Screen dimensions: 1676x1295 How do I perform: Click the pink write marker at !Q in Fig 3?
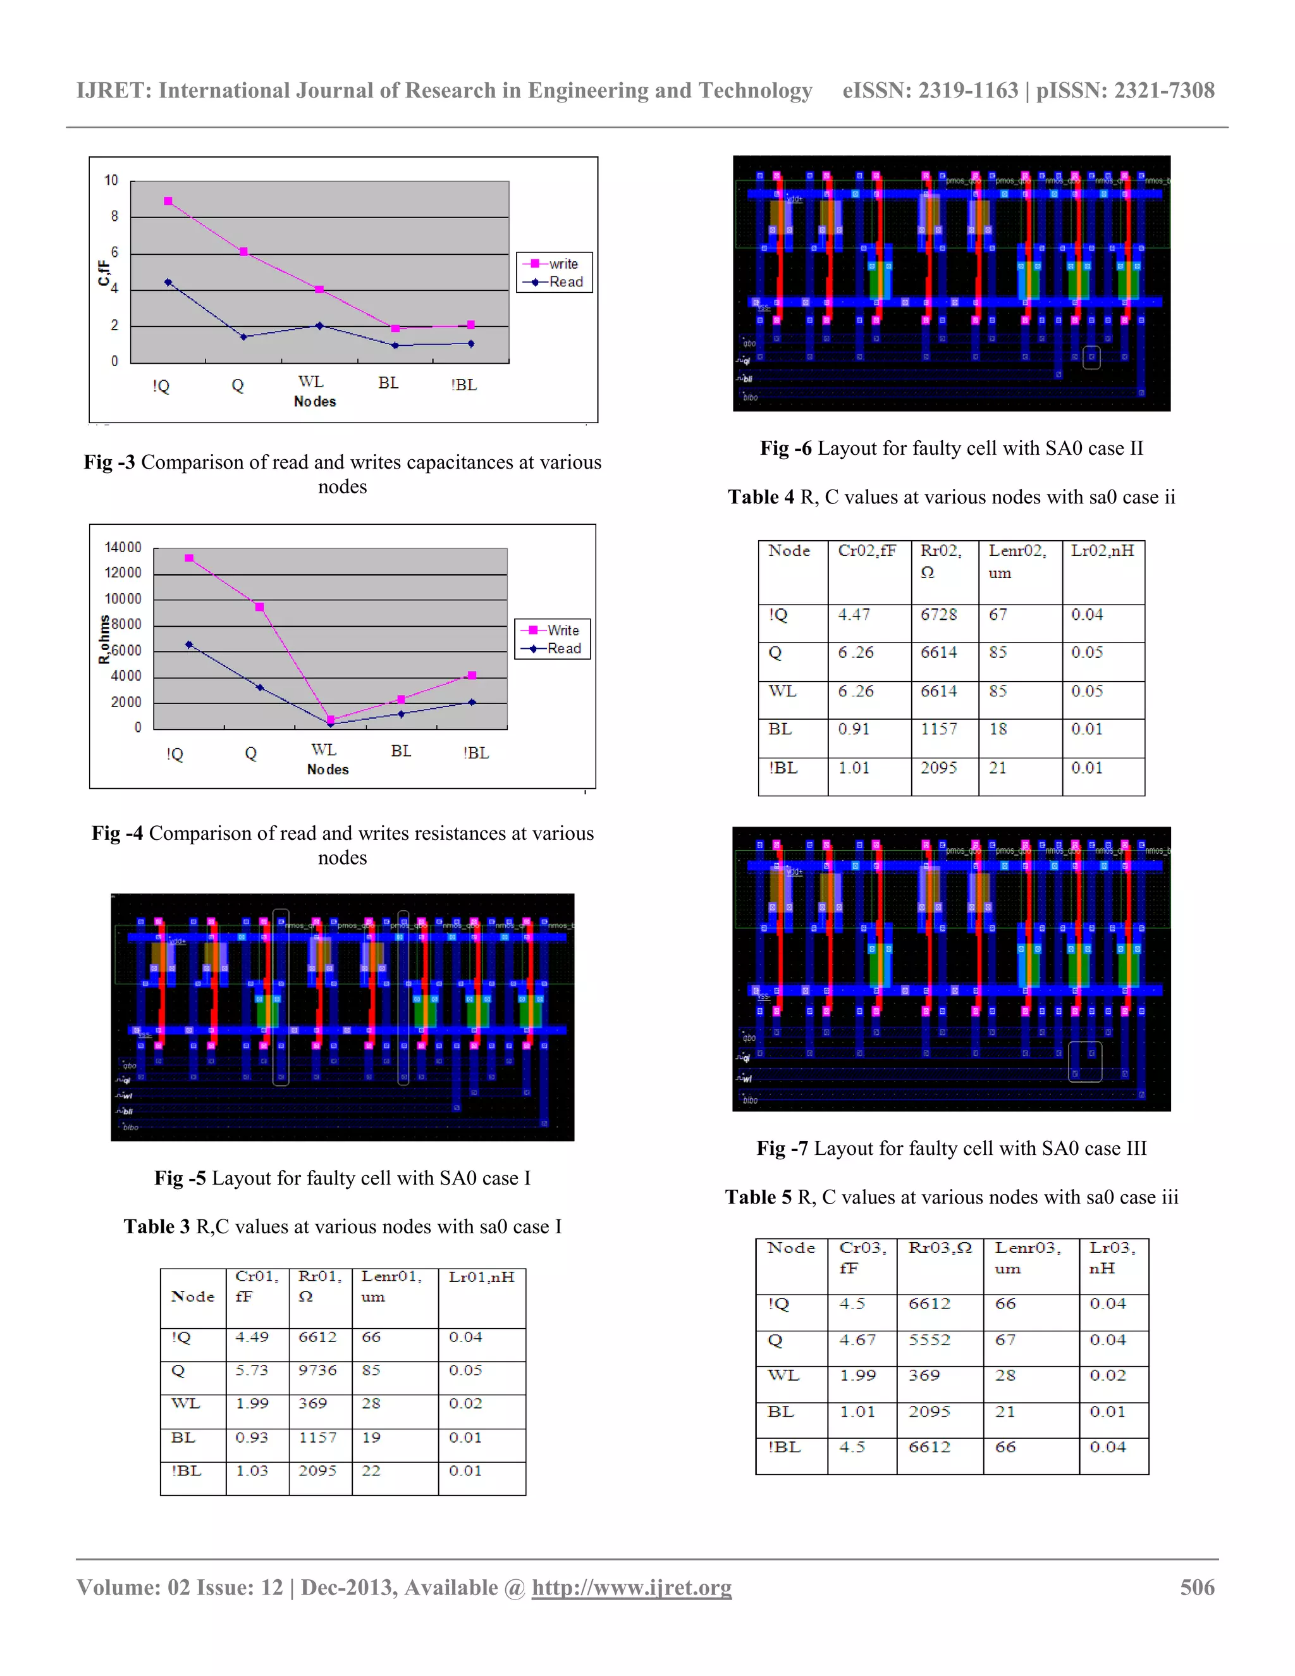[x=168, y=201]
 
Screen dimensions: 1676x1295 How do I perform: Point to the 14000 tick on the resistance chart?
[x=123, y=547]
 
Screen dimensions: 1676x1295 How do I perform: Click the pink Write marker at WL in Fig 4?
[x=331, y=719]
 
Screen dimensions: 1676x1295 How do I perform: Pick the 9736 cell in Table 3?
[x=317, y=1370]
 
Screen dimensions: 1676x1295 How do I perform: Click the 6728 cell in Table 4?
[x=939, y=615]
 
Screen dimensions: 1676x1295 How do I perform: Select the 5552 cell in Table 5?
[x=929, y=1340]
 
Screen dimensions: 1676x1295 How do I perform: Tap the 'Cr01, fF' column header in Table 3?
[x=256, y=1286]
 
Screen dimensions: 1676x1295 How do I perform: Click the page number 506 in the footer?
[x=1197, y=1587]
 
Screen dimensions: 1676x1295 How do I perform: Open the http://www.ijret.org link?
[x=632, y=1587]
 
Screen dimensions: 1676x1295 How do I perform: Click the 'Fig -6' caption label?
[x=785, y=448]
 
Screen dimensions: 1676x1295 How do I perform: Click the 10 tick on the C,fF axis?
[x=111, y=180]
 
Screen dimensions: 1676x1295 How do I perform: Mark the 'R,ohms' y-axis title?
[x=104, y=639]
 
